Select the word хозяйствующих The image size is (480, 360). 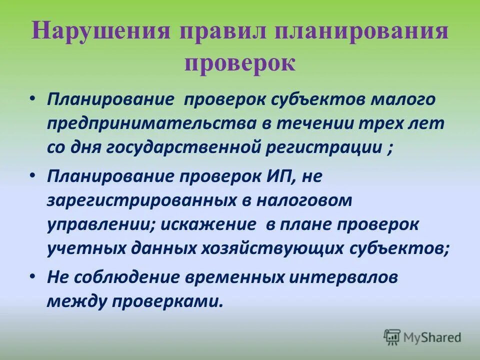pyautogui.click(x=278, y=249)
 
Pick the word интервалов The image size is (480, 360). pyautogui.click(x=338, y=278)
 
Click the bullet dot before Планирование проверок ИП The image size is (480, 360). pyautogui.click(x=33, y=175)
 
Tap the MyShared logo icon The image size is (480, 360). pyautogui.click(x=392, y=337)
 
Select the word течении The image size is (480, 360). pyautogui.click(x=297, y=123)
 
